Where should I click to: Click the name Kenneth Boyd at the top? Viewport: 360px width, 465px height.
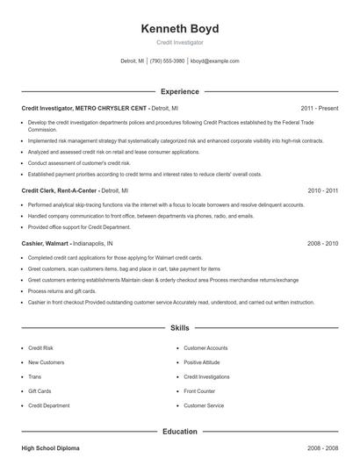179,29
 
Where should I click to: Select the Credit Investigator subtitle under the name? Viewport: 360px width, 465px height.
179,42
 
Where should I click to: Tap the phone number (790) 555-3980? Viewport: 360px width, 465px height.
167,61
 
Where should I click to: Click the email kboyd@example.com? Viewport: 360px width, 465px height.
214,61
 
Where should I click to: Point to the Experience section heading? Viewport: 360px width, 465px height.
179,91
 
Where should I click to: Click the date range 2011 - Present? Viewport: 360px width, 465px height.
319,108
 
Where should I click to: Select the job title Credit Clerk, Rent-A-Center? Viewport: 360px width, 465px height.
59,190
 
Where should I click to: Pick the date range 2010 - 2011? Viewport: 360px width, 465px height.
322,190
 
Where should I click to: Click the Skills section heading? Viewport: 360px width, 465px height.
179,328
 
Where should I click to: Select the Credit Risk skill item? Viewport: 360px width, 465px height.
40,348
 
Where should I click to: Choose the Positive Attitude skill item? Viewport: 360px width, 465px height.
201,362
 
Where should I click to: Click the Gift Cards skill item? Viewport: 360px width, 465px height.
40,391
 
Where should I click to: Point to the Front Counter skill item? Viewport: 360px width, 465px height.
199,391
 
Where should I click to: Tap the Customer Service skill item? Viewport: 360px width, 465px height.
204,405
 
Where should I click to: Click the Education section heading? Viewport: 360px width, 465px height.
179,432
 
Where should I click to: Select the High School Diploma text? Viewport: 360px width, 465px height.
50,448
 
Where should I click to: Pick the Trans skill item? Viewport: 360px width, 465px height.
34,376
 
